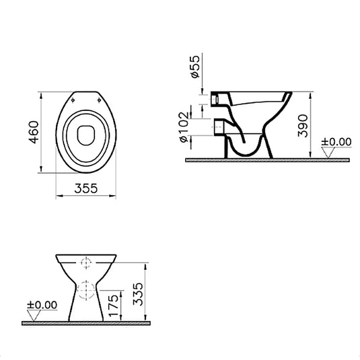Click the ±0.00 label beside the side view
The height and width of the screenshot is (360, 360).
336,141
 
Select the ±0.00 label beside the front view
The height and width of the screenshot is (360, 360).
39,304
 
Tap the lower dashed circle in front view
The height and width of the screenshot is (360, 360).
85,290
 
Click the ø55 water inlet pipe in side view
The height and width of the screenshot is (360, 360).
218,98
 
